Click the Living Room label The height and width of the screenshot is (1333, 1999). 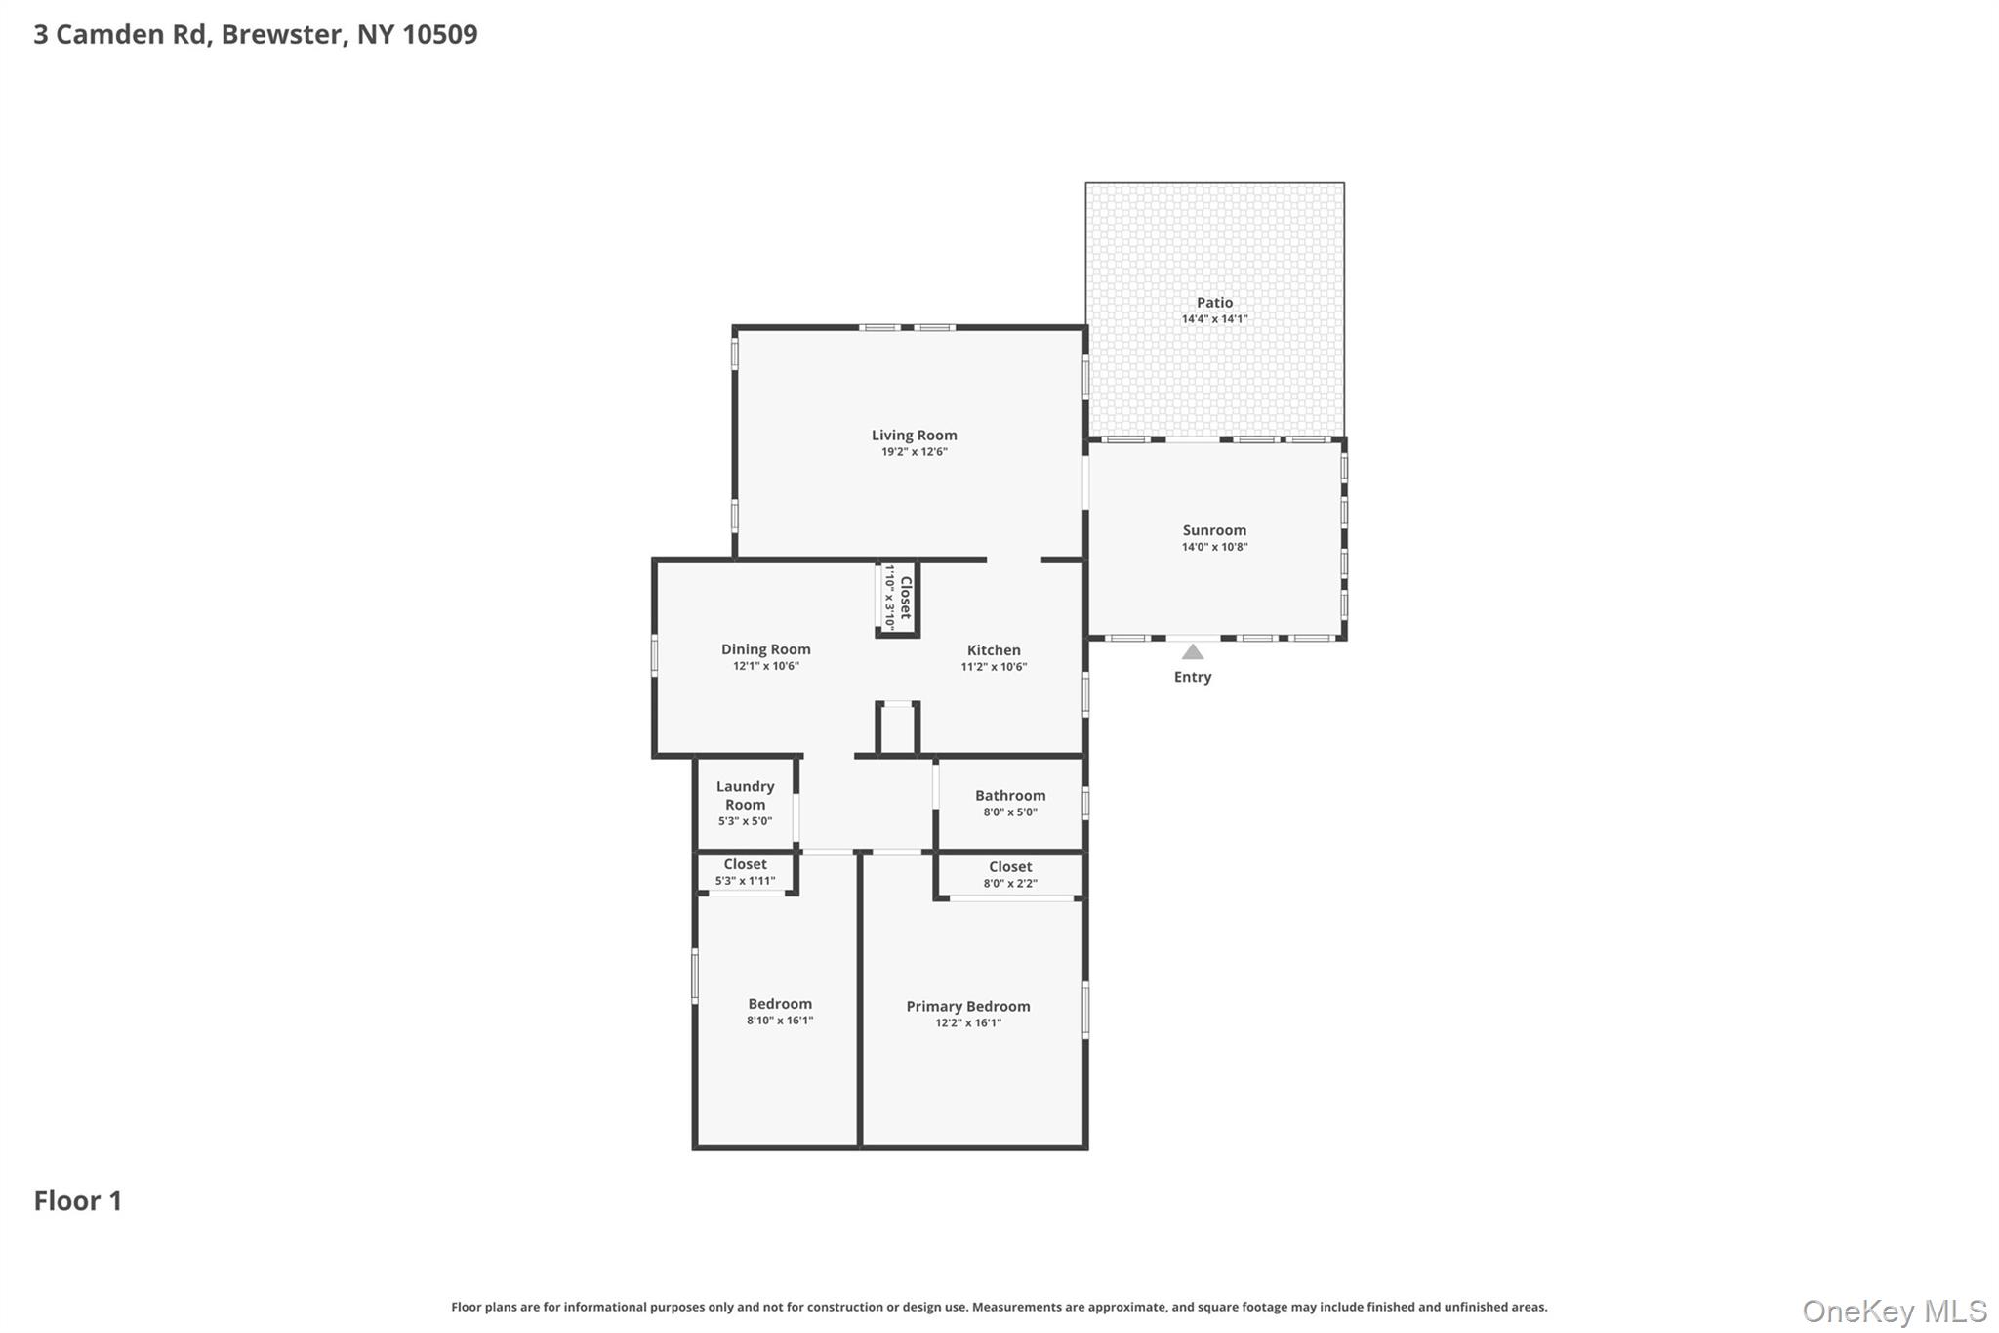[914, 436]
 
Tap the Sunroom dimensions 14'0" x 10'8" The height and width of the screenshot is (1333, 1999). [1214, 547]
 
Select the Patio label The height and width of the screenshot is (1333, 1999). [1214, 303]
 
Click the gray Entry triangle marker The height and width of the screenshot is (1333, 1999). [1193, 651]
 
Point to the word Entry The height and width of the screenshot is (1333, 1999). [1193, 677]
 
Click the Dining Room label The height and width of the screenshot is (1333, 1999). [766, 649]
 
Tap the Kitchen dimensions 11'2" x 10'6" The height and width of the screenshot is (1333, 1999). [994, 667]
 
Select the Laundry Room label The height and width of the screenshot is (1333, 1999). [745, 795]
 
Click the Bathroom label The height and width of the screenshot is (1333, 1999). [1010, 796]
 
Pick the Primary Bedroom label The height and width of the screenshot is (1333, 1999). [968, 1007]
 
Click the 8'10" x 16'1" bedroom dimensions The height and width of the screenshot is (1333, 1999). [780, 1021]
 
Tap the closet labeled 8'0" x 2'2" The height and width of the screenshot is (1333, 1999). [1010, 874]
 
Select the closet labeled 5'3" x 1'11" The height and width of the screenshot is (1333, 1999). [745, 872]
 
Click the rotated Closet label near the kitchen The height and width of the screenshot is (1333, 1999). [905, 597]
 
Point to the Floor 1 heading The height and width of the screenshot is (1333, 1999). [78, 1201]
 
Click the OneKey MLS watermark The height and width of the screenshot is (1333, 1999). [1895, 1311]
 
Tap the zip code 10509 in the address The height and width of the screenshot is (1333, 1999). [440, 34]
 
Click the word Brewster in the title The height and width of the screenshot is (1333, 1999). [281, 34]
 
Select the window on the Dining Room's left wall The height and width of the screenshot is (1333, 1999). [655, 655]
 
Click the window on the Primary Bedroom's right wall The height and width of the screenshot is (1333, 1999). [1085, 1009]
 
